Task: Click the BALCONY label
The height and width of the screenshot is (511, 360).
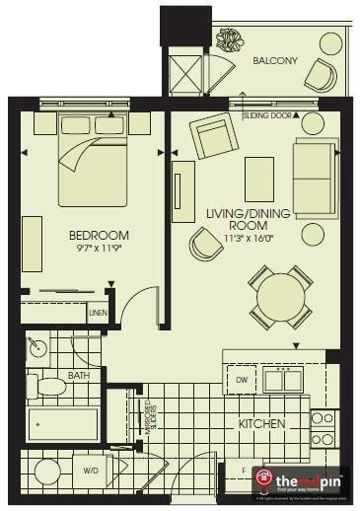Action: [x=274, y=60]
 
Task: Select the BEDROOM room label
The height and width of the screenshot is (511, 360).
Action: [x=99, y=235]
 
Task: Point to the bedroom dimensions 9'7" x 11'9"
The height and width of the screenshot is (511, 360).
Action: [x=99, y=250]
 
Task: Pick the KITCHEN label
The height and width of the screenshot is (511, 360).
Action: [x=261, y=424]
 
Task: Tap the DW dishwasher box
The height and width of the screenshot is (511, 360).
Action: [x=241, y=380]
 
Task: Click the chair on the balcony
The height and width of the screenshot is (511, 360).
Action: [x=322, y=75]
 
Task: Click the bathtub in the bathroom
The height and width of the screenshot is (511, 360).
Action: [x=61, y=423]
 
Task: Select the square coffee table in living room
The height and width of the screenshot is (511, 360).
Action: [x=259, y=170]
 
